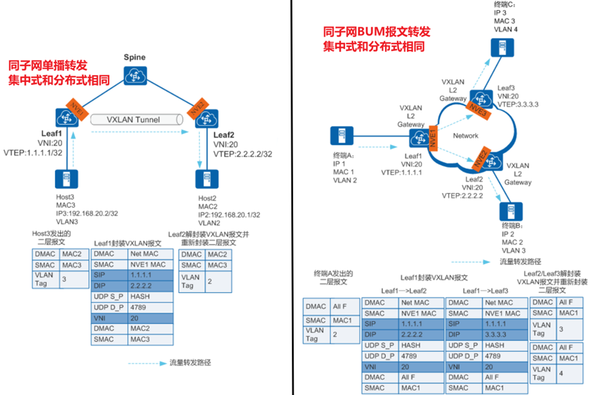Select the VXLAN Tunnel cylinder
click(x=136, y=119)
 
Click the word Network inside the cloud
click(x=465, y=136)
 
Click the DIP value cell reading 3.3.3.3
click(x=502, y=334)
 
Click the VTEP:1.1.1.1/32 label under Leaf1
click(x=33, y=152)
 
